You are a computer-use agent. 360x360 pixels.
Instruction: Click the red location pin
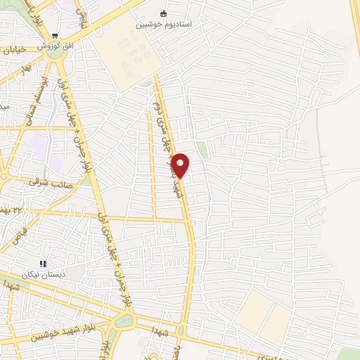180,165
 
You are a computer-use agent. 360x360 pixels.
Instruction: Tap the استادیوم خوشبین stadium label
164,25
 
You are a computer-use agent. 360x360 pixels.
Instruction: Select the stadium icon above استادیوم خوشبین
164,13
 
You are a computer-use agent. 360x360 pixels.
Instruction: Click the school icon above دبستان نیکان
43,264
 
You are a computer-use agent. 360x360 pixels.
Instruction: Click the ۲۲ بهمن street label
13,210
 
